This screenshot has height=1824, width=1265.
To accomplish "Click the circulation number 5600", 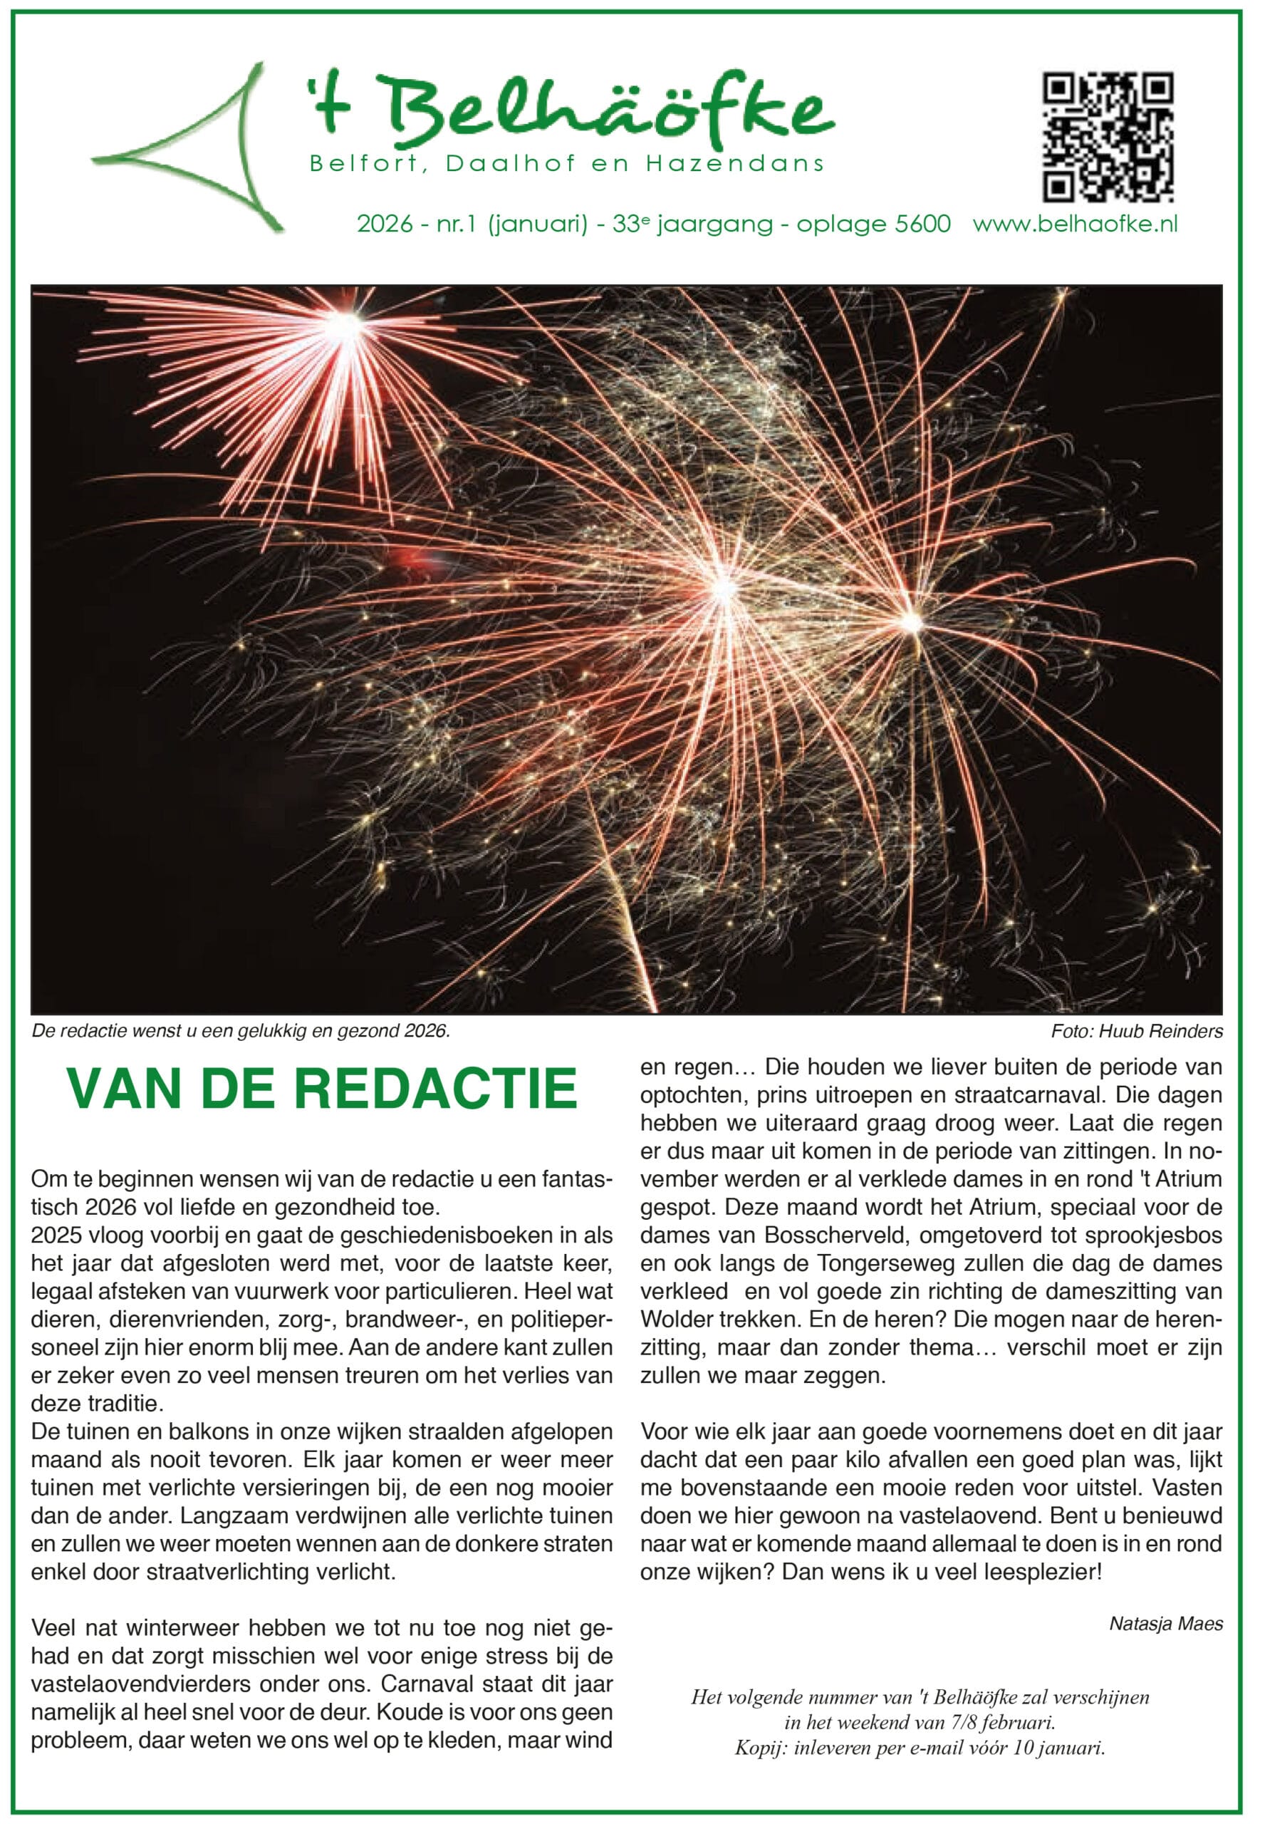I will tap(922, 224).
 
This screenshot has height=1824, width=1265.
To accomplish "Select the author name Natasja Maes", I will tap(1166, 1624).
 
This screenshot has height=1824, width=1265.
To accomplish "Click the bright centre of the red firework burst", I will tap(345, 323).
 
